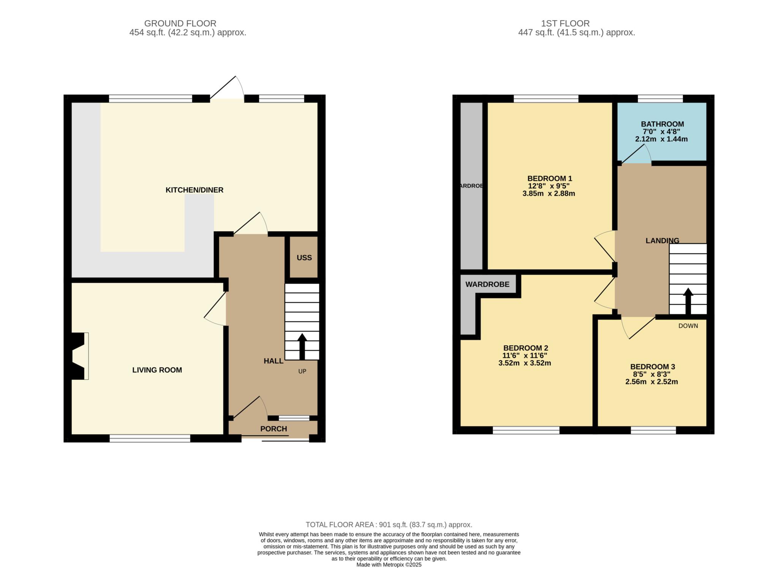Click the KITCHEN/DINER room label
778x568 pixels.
pyautogui.click(x=194, y=190)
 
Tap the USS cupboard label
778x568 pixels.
pyautogui.click(x=304, y=258)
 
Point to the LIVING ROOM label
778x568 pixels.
pyautogui.click(x=157, y=370)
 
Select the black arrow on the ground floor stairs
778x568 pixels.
pyautogui.click(x=302, y=347)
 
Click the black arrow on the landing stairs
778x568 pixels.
pyautogui.click(x=688, y=301)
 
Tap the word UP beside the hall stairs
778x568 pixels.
pyautogui.click(x=302, y=371)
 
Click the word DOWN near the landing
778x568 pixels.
pyautogui.click(x=688, y=326)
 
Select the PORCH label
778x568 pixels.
pyautogui.click(x=274, y=429)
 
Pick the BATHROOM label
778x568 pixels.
pyautogui.click(x=663, y=124)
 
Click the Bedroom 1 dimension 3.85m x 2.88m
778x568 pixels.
pyautogui.click(x=549, y=193)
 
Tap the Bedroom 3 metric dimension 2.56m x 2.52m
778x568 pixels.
pyautogui.click(x=651, y=382)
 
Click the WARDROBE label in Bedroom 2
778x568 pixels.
pyautogui.click(x=487, y=284)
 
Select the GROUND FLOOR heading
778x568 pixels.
pyautogui.click(x=180, y=24)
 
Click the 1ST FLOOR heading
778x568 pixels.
pyautogui.click(x=565, y=24)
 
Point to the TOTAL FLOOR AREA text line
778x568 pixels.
pyautogui.click(x=389, y=525)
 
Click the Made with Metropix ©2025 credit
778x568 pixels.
pyautogui.click(x=389, y=565)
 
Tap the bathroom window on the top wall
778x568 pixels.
pyautogui.click(x=660, y=99)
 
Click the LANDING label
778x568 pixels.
pyautogui.click(x=663, y=240)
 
